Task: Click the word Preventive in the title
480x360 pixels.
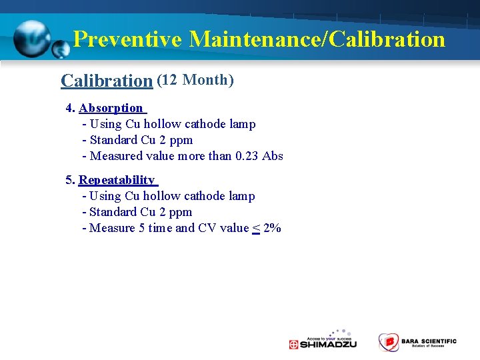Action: coord(127,39)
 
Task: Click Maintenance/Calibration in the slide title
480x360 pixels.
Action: coord(317,39)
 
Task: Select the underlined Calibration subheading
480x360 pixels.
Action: coord(107,81)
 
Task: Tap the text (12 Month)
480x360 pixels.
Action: coord(195,80)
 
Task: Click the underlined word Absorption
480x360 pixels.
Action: coord(111,108)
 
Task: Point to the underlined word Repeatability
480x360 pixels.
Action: coord(117,180)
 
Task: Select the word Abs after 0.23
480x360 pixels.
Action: coord(273,156)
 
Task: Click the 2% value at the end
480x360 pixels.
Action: coord(272,228)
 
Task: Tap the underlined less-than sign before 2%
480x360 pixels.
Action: coord(256,228)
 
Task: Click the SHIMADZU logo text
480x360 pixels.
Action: coord(328,344)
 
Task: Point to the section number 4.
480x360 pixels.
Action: coord(69,108)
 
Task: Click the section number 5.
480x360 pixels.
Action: coord(69,180)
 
